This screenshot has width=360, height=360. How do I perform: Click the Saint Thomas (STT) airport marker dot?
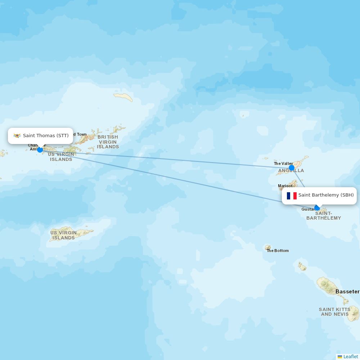[40, 149]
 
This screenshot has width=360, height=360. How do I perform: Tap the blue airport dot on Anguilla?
[292, 168]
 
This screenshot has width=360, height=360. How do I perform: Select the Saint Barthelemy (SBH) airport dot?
[317, 208]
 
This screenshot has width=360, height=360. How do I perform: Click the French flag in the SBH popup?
[292, 195]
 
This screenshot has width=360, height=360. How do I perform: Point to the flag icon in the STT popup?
[17, 136]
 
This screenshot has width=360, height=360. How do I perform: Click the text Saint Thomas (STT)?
[46, 136]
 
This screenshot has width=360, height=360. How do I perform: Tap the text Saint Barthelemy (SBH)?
[326, 195]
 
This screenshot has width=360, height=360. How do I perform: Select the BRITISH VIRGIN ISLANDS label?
[108, 142]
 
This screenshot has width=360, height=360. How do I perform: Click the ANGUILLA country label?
[291, 171]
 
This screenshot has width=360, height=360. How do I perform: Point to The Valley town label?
[283, 163]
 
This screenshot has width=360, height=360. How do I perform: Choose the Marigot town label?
[285, 186]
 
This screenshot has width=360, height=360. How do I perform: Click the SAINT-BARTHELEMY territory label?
[324, 216]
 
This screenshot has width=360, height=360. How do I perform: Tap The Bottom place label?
[278, 251]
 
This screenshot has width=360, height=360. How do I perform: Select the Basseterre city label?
[347, 292]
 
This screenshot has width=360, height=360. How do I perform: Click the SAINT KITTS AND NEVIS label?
[334, 312]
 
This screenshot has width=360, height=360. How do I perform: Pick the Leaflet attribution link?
[351, 356]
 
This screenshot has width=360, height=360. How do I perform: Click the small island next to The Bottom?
[268, 247]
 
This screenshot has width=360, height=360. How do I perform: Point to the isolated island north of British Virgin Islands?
[123, 96]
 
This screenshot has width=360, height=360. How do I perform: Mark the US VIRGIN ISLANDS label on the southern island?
[63, 235]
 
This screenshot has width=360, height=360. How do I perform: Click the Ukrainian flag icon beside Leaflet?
[340, 357]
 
